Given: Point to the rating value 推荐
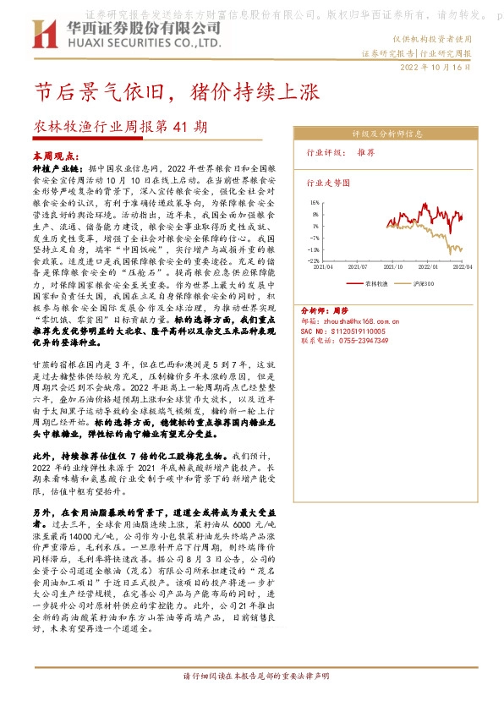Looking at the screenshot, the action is click(x=366, y=153).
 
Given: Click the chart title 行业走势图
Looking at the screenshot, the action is click(x=327, y=182).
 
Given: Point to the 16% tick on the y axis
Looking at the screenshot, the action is click(x=315, y=203).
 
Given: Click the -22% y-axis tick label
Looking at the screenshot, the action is click(x=313, y=261).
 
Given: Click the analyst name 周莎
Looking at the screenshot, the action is click(x=339, y=310).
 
